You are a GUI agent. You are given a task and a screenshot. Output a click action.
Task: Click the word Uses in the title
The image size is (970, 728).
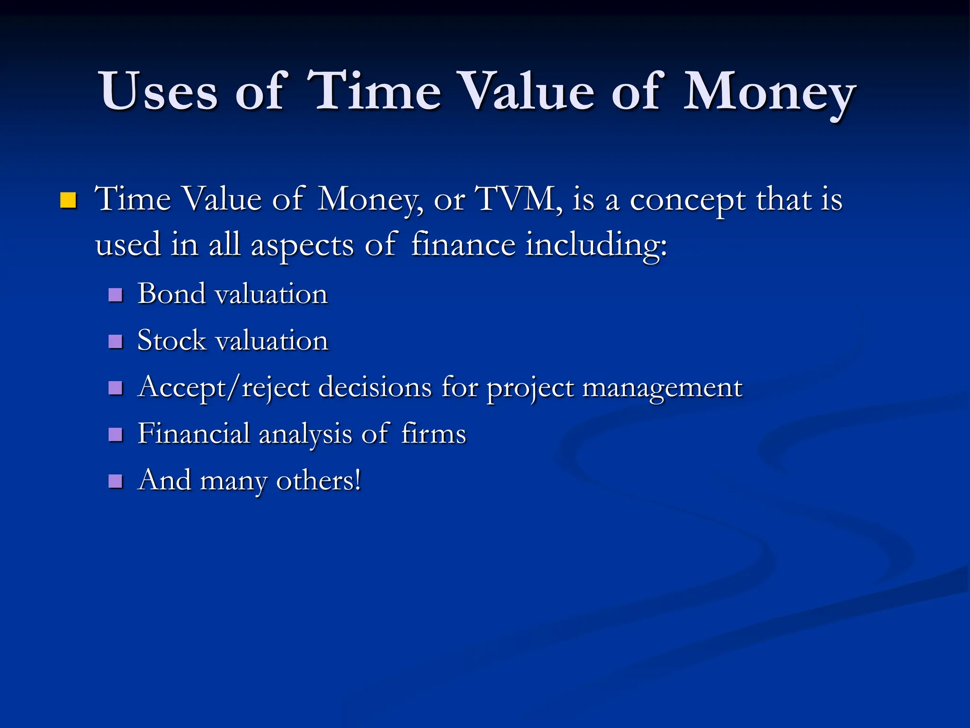pos(158,91)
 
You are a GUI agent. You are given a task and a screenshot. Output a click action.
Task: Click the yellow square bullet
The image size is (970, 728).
pos(68,200)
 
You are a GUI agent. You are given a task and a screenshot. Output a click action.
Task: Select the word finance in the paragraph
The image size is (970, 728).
pos(463,246)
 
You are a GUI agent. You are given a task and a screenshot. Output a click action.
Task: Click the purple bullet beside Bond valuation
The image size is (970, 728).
pos(116,295)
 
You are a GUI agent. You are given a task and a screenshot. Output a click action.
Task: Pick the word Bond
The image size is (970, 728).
pos(172,294)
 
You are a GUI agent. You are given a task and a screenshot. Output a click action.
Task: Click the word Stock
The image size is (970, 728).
pos(172,340)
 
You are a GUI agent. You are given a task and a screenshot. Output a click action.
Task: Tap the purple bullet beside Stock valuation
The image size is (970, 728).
pos(116,341)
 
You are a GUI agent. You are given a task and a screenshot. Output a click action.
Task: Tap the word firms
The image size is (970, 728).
pos(433,434)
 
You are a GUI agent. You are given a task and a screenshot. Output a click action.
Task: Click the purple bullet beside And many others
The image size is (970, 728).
pos(116,481)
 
